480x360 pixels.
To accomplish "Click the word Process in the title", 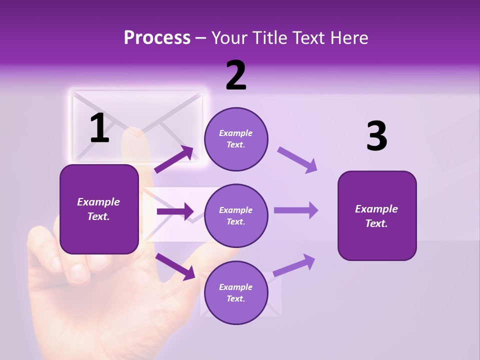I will pyautogui.click(x=157, y=38).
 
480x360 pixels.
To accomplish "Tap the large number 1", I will pyautogui.click(x=99, y=128).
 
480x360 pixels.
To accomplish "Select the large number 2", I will pyautogui.click(x=236, y=76).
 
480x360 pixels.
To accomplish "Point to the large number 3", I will pyautogui.click(x=377, y=136).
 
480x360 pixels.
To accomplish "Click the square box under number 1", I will pyautogui.click(x=99, y=209).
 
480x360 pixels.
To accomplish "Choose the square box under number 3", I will pyautogui.click(x=377, y=215).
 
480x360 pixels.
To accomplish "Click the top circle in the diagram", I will pyautogui.click(x=236, y=139).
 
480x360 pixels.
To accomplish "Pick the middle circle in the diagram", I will pyautogui.click(x=236, y=215).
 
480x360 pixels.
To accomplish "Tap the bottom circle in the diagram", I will pyautogui.click(x=236, y=292).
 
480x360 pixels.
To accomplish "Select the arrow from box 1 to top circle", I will pyautogui.click(x=174, y=159).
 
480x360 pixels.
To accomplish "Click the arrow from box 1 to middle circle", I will pyautogui.click(x=175, y=211).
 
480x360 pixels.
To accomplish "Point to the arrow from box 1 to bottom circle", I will pyautogui.click(x=175, y=266).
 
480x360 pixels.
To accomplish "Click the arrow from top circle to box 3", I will pyautogui.click(x=297, y=159).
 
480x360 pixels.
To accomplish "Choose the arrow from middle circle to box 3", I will pyautogui.click(x=295, y=210).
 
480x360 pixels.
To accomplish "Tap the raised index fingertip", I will pyautogui.click(x=133, y=137).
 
